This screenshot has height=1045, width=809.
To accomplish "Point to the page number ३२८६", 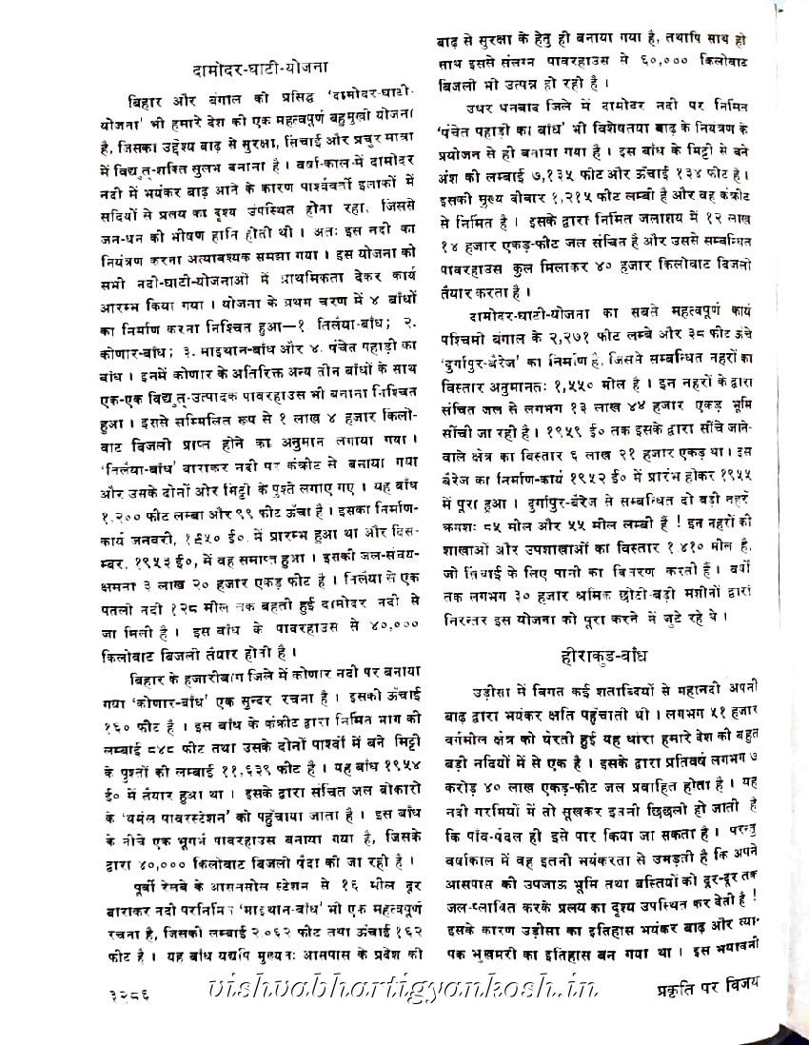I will [130, 998].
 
